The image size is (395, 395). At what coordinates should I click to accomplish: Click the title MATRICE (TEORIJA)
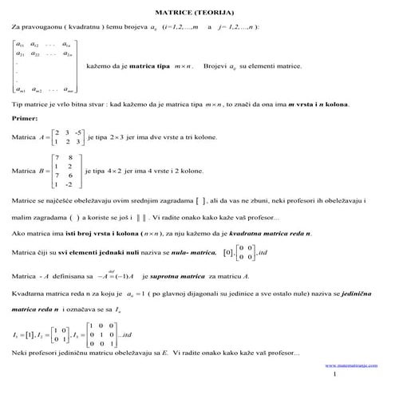(198, 14)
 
